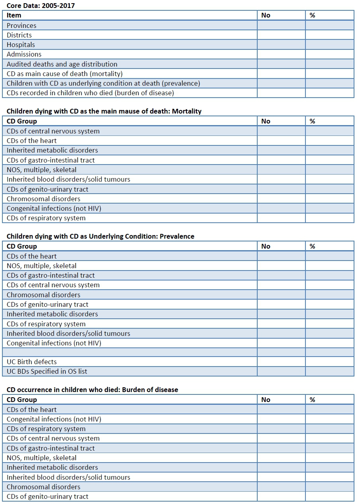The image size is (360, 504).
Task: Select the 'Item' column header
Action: coord(14,15)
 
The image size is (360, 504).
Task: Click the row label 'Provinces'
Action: coord(22,25)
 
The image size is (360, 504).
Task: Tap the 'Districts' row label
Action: coord(19,35)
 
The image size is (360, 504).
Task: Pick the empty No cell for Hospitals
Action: coord(281,45)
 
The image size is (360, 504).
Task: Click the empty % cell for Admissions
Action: coord(329,54)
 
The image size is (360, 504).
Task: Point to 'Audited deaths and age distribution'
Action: coord(62,64)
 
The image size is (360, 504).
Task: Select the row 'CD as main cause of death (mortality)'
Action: coord(65,74)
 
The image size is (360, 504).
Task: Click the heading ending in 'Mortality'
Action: coord(104,111)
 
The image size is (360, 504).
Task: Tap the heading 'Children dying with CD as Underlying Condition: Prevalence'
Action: coord(100,236)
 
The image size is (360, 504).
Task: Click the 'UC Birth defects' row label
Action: coord(32,362)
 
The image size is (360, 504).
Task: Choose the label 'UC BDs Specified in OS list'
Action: coord(47,371)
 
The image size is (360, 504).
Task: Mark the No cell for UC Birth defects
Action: coord(281,362)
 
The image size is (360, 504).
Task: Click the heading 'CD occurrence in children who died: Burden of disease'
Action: coord(92,390)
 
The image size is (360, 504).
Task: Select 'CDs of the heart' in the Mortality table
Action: coord(32,141)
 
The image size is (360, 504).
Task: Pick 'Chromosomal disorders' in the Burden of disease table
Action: coord(43,487)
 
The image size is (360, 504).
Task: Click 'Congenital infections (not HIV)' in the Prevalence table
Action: coord(54,343)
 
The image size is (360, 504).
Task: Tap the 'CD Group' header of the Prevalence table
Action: coord(22,246)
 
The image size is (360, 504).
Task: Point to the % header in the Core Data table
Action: coord(313,15)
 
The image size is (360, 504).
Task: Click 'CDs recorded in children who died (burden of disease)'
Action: coord(90,93)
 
